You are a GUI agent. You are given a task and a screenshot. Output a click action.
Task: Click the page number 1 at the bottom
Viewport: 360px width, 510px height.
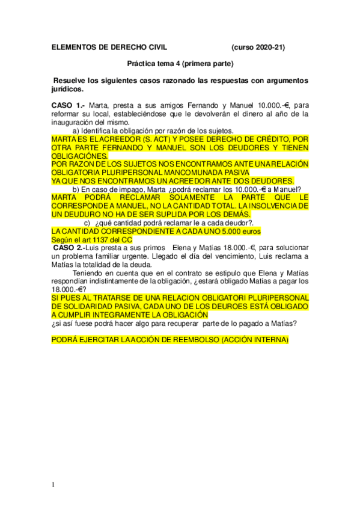point(53,485)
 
